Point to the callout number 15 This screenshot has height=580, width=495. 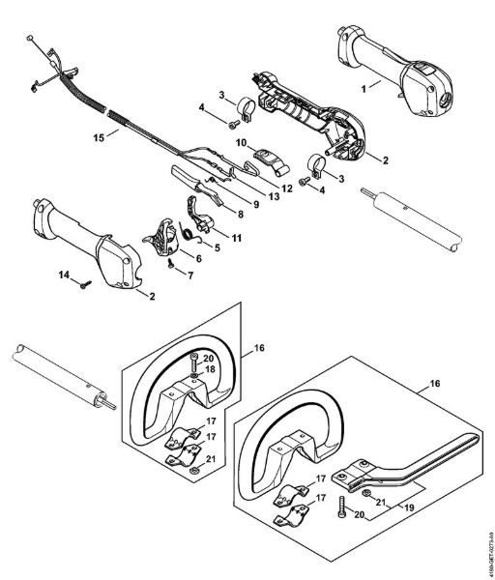click(x=98, y=137)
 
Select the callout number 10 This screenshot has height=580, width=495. click(x=239, y=142)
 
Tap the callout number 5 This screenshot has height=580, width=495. click(x=216, y=247)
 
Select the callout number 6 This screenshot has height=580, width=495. click(x=198, y=258)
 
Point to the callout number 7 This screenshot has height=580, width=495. click(x=189, y=275)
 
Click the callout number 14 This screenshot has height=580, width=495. click(x=63, y=276)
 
